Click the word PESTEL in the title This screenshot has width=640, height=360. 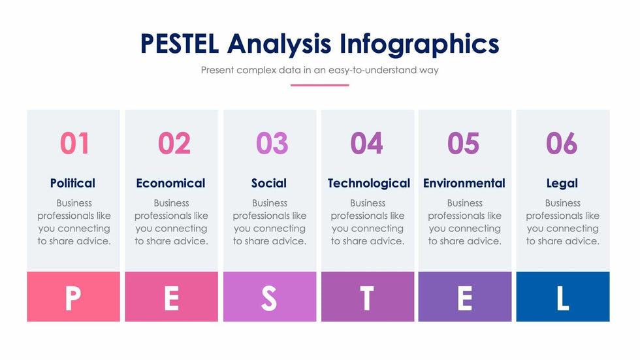(180, 44)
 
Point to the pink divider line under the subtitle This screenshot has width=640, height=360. (319, 86)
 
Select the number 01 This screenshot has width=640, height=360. (74, 143)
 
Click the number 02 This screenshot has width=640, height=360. (174, 143)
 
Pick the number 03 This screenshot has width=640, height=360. (272, 143)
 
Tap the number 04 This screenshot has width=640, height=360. (366, 143)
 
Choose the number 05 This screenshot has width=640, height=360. (463, 143)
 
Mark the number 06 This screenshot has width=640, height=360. (562, 143)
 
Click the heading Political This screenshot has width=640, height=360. (72, 183)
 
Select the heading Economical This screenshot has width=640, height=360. (170, 183)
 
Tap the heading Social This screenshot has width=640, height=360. (269, 183)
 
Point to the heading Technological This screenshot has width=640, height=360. (369, 183)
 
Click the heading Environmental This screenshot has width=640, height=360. (464, 183)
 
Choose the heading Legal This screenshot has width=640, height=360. (562, 184)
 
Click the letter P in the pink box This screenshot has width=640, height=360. (73, 298)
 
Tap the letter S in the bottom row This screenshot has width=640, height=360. (269, 298)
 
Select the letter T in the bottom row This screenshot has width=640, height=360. (367, 298)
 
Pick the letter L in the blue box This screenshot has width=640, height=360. (563, 298)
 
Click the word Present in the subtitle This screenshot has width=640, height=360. (217, 70)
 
